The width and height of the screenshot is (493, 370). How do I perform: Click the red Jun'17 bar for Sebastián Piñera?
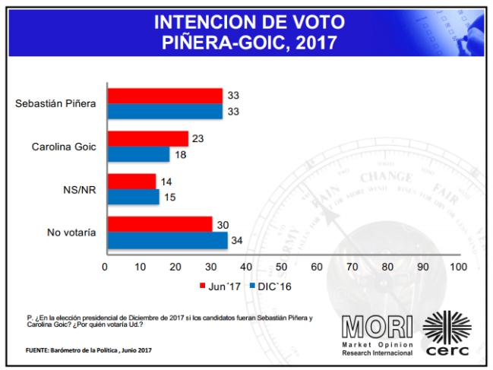(165, 95)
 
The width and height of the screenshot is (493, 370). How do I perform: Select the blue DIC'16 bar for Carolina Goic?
(138, 153)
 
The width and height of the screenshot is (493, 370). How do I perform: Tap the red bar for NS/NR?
(131, 182)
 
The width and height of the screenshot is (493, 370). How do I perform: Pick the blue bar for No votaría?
(167, 240)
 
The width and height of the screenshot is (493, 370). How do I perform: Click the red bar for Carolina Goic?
(147, 138)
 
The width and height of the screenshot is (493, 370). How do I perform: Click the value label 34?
(237, 241)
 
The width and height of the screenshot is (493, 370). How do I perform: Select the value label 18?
(180, 154)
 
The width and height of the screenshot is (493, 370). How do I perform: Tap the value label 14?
(166, 182)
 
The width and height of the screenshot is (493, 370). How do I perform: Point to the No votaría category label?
(71, 232)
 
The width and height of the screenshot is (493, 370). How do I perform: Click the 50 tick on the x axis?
(281, 267)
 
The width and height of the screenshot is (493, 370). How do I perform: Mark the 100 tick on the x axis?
(458, 267)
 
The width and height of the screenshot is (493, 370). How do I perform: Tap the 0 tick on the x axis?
(105, 267)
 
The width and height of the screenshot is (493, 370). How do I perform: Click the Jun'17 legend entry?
(221, 286)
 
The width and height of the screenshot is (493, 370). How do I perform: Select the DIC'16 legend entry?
(270, 286)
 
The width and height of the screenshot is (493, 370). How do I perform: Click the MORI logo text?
(376, 326)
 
